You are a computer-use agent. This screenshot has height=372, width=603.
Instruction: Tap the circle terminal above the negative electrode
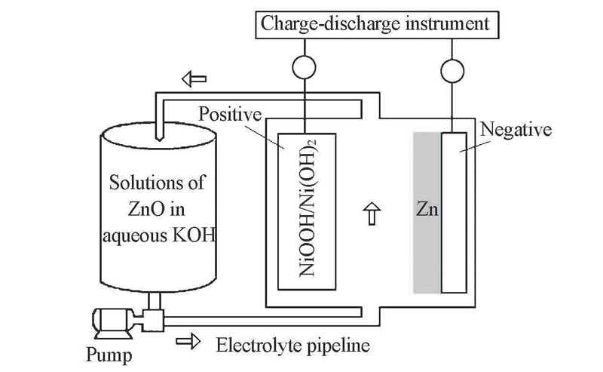(452, 69)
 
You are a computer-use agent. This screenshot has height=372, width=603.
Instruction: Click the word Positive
(229, 115)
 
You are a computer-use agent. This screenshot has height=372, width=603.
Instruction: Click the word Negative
(516, 130)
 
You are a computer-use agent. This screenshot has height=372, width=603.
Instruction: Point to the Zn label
(427, 211)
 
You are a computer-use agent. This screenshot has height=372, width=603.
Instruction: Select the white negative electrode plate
(453, 211)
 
